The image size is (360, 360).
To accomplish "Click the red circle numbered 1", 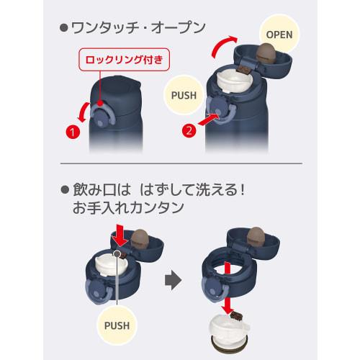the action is [x=73, y=132].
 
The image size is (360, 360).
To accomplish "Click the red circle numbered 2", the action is [x=189, y=130].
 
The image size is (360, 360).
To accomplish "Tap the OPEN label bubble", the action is [x=279, y=35].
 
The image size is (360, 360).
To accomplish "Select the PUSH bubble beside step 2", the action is [x=184, y=95].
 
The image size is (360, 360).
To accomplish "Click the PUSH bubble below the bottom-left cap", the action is [x=117, y=325].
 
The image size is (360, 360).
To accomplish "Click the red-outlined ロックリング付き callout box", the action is [x=125, y=60].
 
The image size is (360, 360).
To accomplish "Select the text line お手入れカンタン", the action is [x=128, y=207].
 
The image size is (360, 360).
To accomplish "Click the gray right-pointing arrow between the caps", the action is [x=173, y=279].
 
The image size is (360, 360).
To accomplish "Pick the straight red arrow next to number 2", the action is [x=209, y=120].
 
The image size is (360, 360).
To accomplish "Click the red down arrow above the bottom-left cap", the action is [x=122, y=235].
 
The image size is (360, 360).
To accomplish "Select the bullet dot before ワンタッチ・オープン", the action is [x=64, y=28].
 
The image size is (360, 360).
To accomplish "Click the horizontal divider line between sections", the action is [x=181, y=163].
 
